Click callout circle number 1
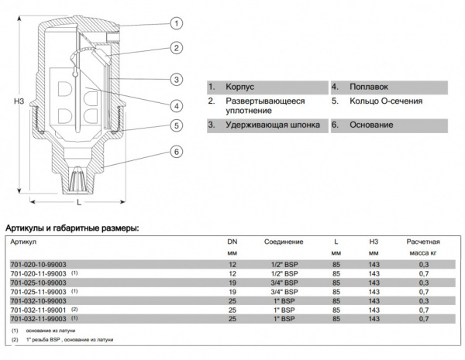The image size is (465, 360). (x=177, y=23)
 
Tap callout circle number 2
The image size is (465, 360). (x=177, y=48)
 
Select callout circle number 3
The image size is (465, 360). (x=177, y=80)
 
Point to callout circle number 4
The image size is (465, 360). (x=177, y=105)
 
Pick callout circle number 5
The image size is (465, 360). (x=177, y=125)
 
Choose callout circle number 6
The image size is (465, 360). (x=177, y=152)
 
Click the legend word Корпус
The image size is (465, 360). (x=240, y=87)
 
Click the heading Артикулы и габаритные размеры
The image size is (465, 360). (x=72, y=228)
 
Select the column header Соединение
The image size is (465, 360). (x=284, y=242)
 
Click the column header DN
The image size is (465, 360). (x=231, y=242)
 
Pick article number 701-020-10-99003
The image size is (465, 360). (x=38, y=264)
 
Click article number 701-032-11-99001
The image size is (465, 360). (x=38, y=310)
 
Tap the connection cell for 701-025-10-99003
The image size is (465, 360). (x=284, y=283)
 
